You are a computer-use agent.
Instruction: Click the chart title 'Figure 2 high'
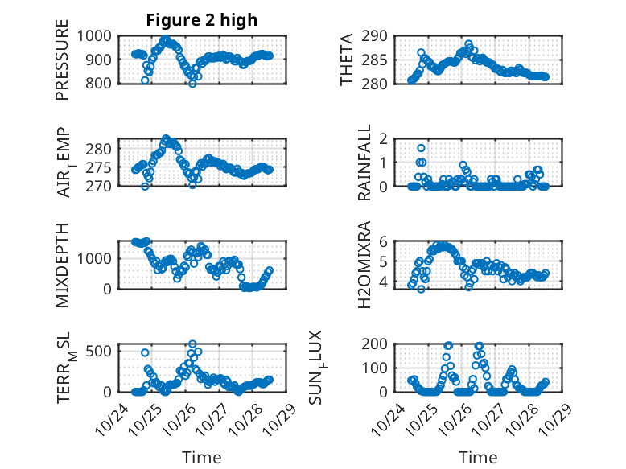pos(201,20)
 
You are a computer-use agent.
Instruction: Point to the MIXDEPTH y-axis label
pos(62,265)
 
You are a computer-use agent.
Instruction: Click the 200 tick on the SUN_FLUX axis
pos(380,344)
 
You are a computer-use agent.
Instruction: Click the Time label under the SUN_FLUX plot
pos(478,457)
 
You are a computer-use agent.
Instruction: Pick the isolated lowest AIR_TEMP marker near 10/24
pos(145,186)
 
